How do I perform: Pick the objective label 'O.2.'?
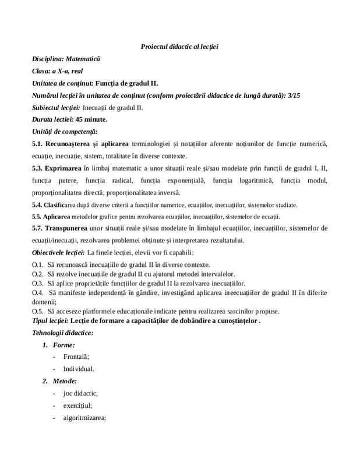38,273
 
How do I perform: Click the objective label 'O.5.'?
38,310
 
